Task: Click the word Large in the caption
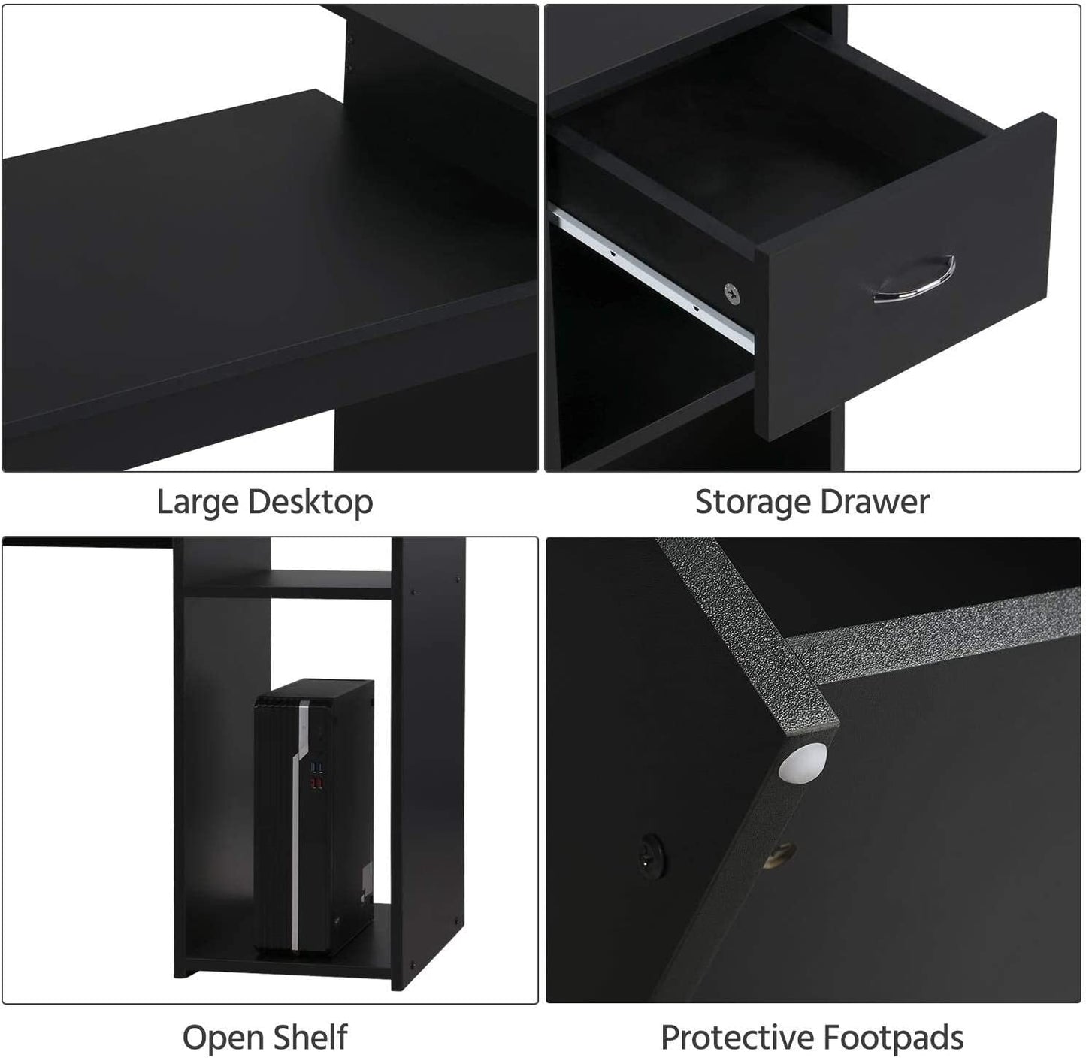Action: [x=198, y=502]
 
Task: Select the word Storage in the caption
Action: [x=752, y=502]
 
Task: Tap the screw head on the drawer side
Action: [x=730, y=292]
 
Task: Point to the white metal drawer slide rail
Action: [x=654, y=278]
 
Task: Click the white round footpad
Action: [x=803, y=762]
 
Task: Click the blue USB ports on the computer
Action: [x=316, y=768]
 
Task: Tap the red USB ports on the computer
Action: [x=316, y=784]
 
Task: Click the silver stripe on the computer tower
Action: [x=300, y=819]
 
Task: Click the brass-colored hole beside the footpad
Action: [x=780, y=854]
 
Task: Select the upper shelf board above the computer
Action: [x=288, y=583]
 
